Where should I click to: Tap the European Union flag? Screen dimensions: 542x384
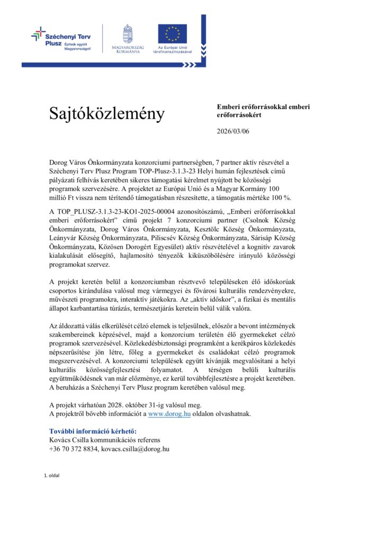coord(172,33)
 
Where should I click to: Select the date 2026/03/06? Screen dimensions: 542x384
coord(233,131)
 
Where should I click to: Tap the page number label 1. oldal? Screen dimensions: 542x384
coord(51,475)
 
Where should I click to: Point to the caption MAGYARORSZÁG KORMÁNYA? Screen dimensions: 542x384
coord(128,49)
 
